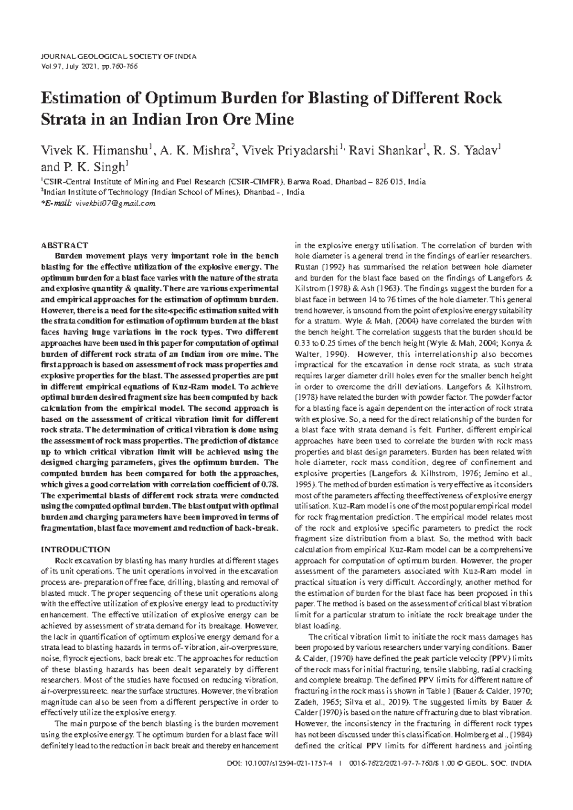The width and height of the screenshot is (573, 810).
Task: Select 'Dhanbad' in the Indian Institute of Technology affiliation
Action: tap(258, 193)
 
